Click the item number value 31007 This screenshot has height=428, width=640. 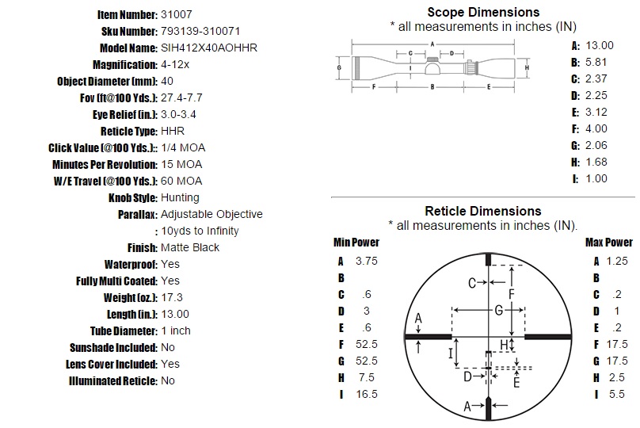[x=177, y=15]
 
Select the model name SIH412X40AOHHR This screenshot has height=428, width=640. [x=209, y=48]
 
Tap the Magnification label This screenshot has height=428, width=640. [x=125, y=64]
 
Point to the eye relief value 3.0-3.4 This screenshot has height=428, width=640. [x=178, y=114]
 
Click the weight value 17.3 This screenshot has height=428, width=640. [x=172, y=297]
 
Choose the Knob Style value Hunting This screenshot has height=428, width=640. [x=180, y=197]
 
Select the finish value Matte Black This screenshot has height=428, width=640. [x=190, y=247]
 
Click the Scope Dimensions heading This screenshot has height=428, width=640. [x=483, y=12]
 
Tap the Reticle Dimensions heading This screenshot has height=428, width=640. [x=483, y=211]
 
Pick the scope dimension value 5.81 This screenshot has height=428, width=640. [x=596, y=62]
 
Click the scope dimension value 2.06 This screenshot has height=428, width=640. [x=596, y=145]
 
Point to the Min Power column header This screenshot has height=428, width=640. [x=356, y=243]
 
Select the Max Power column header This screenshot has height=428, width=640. [x=609, y=243]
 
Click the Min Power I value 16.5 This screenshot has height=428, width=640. [x=367, y=394]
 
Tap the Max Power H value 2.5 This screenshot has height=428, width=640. [x=617, y=377]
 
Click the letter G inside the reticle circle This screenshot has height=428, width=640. [x=499, y=311]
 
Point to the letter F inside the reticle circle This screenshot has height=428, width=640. [x=512, y=293]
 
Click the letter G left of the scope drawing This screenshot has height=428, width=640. [x=339, y=67]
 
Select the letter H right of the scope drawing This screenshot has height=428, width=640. [x=527, y=67]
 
